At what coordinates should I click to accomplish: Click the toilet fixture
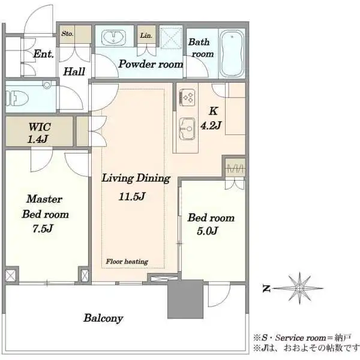click(17, 98)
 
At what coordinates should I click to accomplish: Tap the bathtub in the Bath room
click(232, 54)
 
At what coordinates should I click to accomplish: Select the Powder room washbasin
click(113, 37)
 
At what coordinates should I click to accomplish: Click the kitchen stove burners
click(187, 98)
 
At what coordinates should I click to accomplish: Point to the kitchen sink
click(187, 129)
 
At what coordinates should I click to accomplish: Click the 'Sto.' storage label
click(67, 34)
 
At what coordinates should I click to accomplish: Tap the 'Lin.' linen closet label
click(146, 35)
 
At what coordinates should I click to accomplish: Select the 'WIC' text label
click(40, 127)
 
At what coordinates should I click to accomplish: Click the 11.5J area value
click(132, 196)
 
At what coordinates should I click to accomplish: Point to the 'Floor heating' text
click(127, 262)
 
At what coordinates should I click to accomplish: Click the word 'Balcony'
click(103, 318)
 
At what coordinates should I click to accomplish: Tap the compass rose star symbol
click(299, 288)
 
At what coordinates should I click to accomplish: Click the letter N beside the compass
click(266, 289)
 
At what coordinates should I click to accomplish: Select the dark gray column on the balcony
click(185, 299)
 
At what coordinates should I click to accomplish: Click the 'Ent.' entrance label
click(43, 54)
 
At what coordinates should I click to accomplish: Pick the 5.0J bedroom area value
click(207, 231)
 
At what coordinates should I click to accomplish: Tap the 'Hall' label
click(74, 71)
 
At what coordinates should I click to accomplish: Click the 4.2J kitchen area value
click(211, 125)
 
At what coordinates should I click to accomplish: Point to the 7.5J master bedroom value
click(43, 229)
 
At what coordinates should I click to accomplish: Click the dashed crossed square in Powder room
click(171, 38)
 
